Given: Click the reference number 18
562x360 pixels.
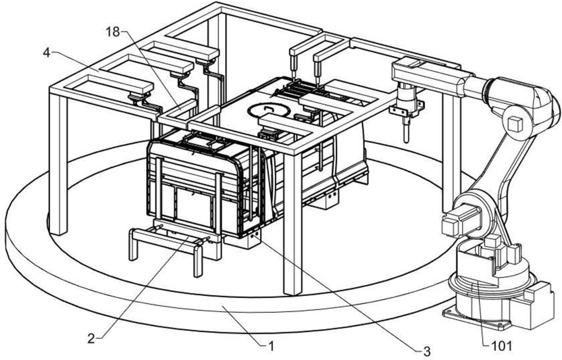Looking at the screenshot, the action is [112, 32].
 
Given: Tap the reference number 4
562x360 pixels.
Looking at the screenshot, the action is [46, 53].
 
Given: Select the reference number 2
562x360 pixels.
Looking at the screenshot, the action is [92, 338].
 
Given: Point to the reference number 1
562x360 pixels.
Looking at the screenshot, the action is [271, 346].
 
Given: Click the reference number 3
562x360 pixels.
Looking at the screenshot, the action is [427, 351].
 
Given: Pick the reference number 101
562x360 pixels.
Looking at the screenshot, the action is [502, 346].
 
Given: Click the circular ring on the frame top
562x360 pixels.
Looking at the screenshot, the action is [269, 110].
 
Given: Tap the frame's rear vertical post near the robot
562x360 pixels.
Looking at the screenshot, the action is [451, 150].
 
